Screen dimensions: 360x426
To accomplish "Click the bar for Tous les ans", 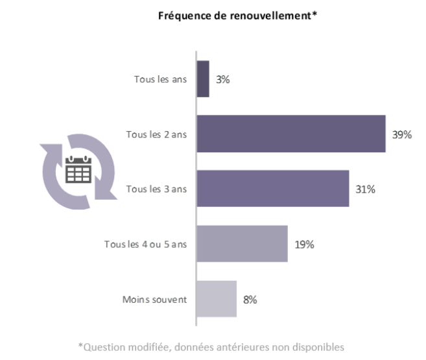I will tap(202, 79).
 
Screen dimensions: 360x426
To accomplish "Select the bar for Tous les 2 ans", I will tap(290, 134).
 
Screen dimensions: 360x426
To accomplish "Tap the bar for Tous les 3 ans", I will tap(272, 189).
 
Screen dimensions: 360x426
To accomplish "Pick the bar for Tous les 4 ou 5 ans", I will tap(241, 244).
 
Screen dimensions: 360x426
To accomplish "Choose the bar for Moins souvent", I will tap(216, 299).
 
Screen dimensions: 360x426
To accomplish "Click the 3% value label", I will tap(223, 79).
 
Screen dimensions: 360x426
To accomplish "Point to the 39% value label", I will tap(401, 134).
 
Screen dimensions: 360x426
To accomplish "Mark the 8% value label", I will tap(250, 299).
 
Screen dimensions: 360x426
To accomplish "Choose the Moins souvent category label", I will tap(155, 299).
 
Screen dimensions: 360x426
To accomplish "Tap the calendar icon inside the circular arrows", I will tap(79, 171).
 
